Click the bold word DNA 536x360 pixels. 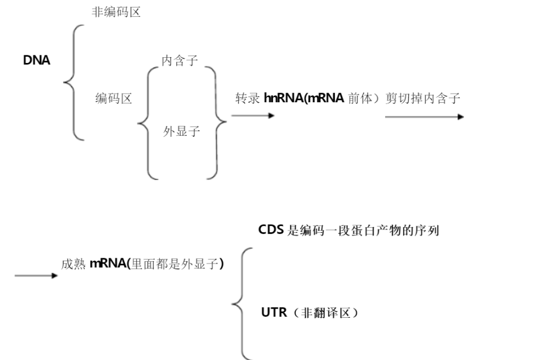pyautogui.click(x=36, y=60)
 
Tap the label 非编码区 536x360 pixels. pyautogui.click(x=116, y=13)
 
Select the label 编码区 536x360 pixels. pyautogui.click(x=113, y=99)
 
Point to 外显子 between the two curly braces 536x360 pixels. pyautogui.click(x=181, y=132)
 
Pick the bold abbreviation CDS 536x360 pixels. pyautogui.click(x=271, y=229)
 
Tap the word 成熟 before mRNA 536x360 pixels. pyautogui.click(x=73, y=264)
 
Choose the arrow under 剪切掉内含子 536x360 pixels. pyautogui.click(x=424, y=117)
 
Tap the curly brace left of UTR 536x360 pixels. pyautogui.click(x=241, y=302)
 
